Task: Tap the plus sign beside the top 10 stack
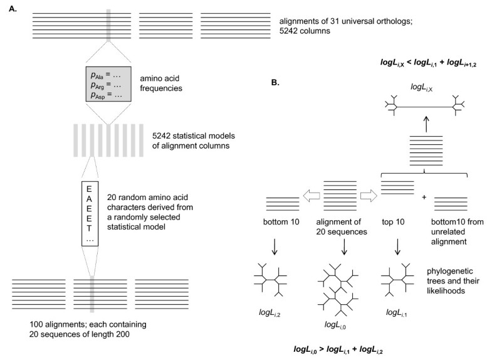coord(424,197)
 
